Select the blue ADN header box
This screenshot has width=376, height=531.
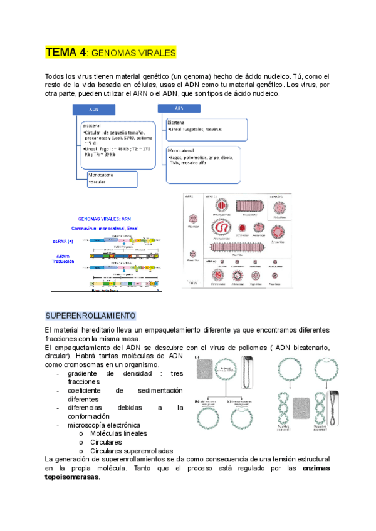click(95, 110)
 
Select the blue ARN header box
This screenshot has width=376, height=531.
click(181, 108)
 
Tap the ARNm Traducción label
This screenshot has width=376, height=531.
click(62, 259)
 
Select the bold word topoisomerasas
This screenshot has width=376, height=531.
click(72, 477)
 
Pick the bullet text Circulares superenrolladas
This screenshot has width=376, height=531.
click(132, 451)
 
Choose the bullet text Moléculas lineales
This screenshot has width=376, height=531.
click(119, 433)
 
